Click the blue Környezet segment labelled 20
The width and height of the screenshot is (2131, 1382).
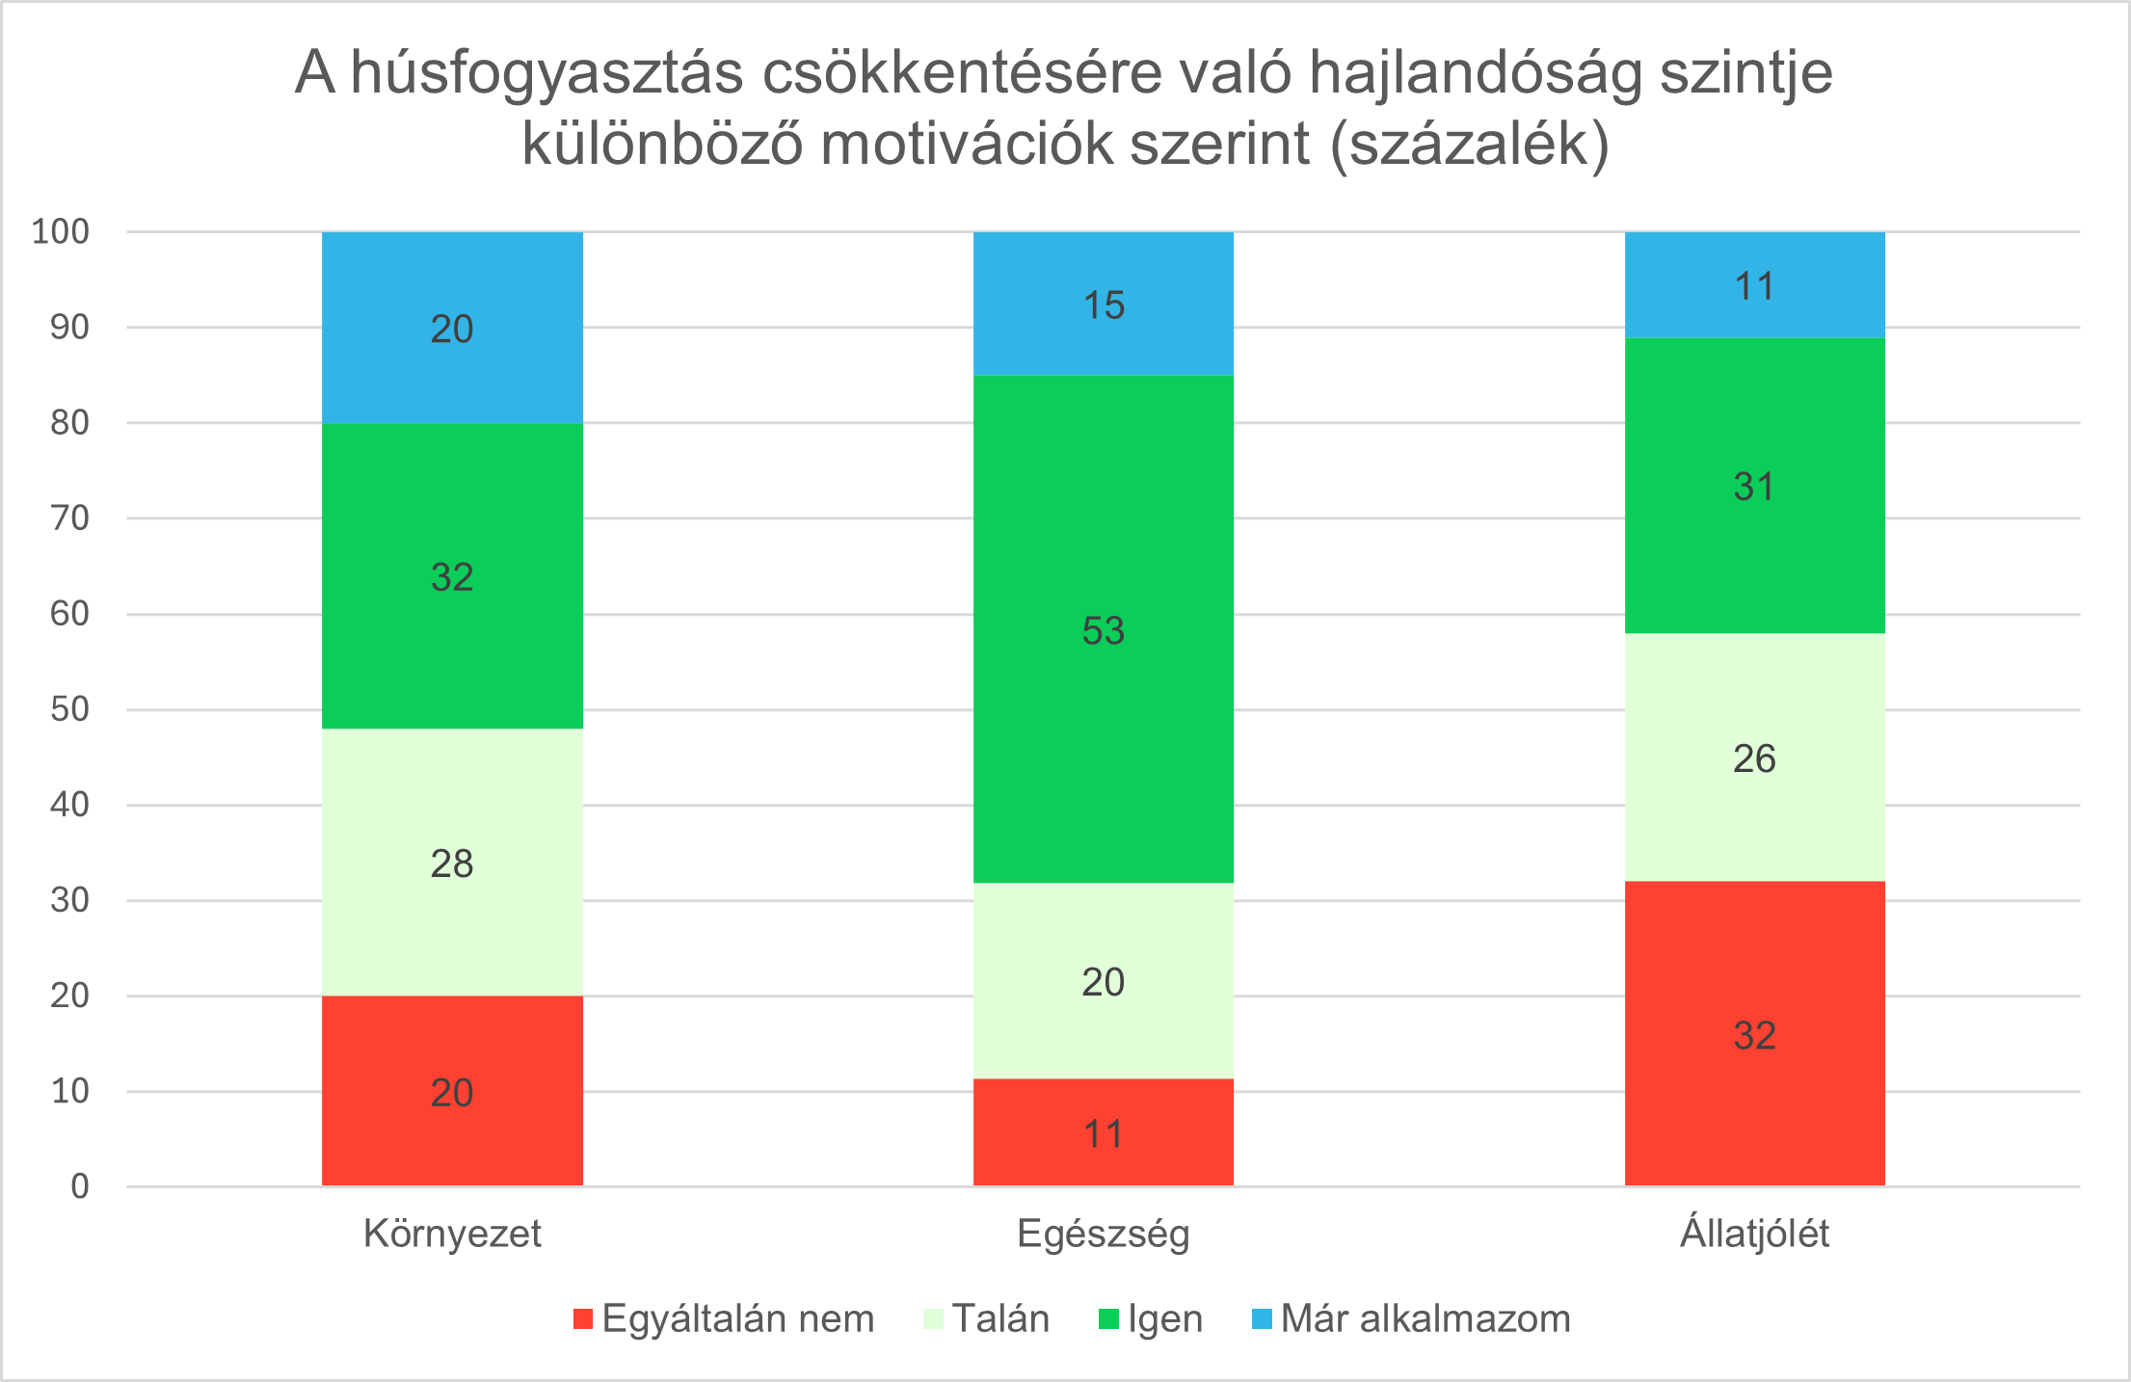pyautogui.click(x=452, y=328)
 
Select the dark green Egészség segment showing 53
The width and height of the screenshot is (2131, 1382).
pyautogui.click(x=1103, y=628)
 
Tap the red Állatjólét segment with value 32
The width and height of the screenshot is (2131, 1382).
pyautogui.click(x=1754, y=1033)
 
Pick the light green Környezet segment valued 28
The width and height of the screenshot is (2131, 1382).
pyautogui.click(x=452, y=862)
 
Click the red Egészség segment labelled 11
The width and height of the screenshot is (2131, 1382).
pyautogui.click(x=1103, y=1132)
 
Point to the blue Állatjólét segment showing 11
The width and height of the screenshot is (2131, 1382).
pyautogui.click(x=1754, y=285)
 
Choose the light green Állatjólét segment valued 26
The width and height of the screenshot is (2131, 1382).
pyautogui.click(x=1754, y=757)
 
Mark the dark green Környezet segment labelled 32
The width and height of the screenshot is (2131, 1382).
pyautogui.click(x=452, y=575)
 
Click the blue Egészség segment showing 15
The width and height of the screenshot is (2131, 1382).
pyautogui.click(x=1103, y=304)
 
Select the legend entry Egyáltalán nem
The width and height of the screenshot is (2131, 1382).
pyautogui.click(x=724, y=1318)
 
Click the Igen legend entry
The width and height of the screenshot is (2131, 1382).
pyautogui.click(x=1152, y=1318)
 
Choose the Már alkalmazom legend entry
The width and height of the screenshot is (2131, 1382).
pyautogui.click(x=1412, y=1318)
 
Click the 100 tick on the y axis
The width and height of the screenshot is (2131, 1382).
pyautogui.click(x=61, y=231)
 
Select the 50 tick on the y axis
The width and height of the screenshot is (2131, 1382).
pyautogui.click(x=69, y=709)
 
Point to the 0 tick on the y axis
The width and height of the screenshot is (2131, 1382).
pyautogui.click(x=80, y=1186)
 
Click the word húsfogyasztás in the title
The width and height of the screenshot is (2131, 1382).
pyautogui.click(x=546, y=73)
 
